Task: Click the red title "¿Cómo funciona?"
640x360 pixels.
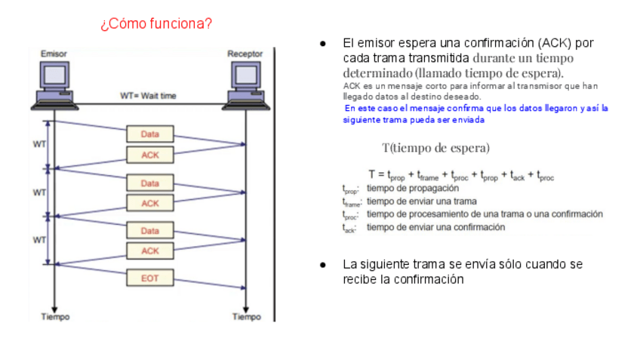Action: tap(155, 24)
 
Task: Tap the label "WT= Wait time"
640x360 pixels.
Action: tap(148, 96)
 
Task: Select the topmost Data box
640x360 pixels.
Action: tap(150, 134)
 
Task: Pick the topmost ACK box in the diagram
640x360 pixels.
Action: tap(150, 155)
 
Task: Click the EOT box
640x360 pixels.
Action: tap(150, 278)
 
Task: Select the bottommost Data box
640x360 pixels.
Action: tap(150, 231)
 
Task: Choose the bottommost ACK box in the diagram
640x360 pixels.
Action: tap(150, 251)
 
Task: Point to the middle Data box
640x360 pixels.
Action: tap(150, 183)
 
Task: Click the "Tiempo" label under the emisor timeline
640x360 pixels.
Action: tap(55, 317)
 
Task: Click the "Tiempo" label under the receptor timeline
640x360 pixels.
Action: tap(246, 317)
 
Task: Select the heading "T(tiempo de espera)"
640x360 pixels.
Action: tap(435, 147)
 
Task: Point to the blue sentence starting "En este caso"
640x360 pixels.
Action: tap(475, 114)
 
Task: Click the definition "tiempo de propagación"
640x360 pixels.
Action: tap(412, 188)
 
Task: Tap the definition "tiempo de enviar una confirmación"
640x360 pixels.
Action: tap(435, 227)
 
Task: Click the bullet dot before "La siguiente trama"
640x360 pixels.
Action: tap(323, 265)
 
